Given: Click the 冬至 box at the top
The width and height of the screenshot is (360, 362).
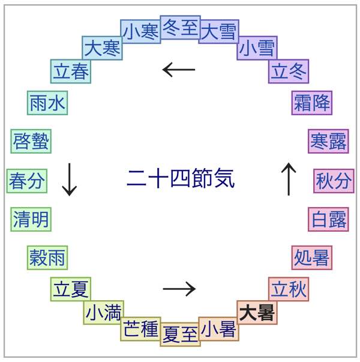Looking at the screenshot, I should pyautogui.click(x=180, y=28).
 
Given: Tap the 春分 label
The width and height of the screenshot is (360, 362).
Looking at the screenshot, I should pyautogui.click(x=27, y=181).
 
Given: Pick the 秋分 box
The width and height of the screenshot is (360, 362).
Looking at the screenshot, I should pyautogui.click(x=333, y=181).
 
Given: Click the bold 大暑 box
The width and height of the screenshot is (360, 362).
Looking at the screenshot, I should pyautogui.click(x=257, y=313).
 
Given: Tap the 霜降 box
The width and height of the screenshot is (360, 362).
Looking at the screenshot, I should pyautogui.click(x=311, y=103).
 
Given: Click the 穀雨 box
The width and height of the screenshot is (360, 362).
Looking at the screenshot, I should pyautogui.click(x=47, y=258).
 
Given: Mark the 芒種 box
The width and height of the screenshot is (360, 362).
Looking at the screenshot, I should pyautogui.click(x=140, y=328).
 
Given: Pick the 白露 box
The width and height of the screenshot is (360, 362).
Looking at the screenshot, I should pyautogui.click(x=328, y=219).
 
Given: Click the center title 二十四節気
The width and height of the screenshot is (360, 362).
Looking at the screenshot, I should pyautogui.click(x=180, y=178).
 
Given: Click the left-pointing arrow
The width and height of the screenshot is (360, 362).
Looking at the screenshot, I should pyautogui.click(x=179, y=70).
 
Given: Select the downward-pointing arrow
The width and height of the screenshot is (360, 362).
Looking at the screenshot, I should pyautogui.click(x=70, y=179).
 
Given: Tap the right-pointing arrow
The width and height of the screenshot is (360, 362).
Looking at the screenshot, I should pyautogui.click(x=179, y=289).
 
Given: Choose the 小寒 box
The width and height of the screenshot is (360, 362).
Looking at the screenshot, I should pyautogui.click(x=140, y=31).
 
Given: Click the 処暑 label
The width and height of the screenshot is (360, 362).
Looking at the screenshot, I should pyautogui.click(x=311, y=258).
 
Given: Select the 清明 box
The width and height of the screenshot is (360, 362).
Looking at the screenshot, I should pyautogui.click(x=31, y=219).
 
